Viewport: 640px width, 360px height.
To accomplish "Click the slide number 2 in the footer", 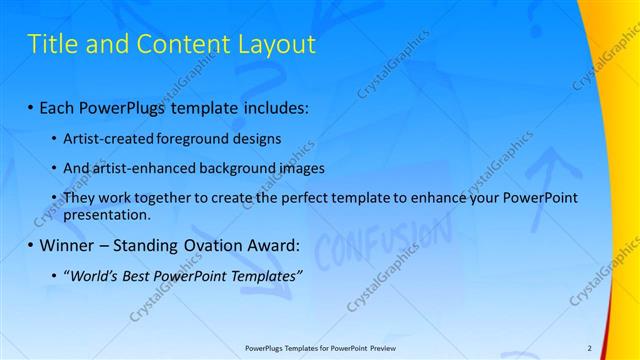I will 590,347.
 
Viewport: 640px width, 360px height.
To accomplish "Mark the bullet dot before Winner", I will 32,245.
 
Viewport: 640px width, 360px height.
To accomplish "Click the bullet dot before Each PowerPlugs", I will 32,105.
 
